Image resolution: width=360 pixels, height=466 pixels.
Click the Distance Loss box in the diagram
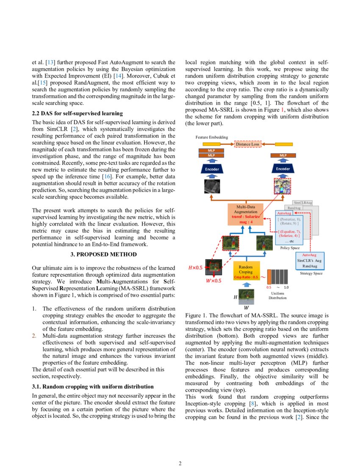pyautogui.click(x=248, y=144)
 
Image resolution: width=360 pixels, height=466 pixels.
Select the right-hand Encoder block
pyautogui.click(x=283, y=169)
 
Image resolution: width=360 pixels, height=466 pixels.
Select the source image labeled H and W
pyautogui.click(x=246, y=295)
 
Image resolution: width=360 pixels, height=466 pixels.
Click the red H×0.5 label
pyautogui.click(x=195, y=267)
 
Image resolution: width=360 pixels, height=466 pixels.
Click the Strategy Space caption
pyautogui.click(x=311, y=273)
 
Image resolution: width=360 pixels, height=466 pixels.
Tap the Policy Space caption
pyautogui.click(x=290, y=247)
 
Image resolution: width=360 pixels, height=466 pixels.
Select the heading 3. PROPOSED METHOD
pyautogui.click(x=103, y=254)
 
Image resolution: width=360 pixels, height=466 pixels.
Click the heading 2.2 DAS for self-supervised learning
pyautogui.click(x=78, y=114)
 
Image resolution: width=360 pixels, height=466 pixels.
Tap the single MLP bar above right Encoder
pyautogui.click(x=283, y=155)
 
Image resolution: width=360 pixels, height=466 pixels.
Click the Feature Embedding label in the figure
pyautogui.click(x=211, y=137)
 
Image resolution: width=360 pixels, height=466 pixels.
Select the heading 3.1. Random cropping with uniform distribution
pyautogui.click(x=93, y=386)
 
